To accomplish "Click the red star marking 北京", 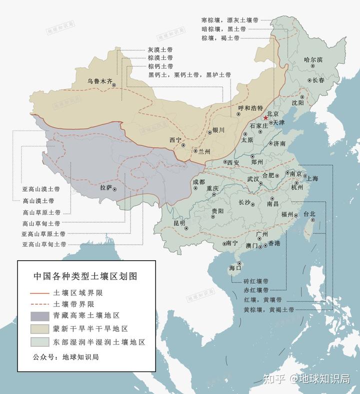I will coord(265,118).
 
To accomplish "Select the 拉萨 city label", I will coord(106,188).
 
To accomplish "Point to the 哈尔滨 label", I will coord(313,60).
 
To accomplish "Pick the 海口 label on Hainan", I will coord(235,268).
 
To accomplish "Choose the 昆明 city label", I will coord(179,223).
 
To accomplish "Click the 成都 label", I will coord(198,182).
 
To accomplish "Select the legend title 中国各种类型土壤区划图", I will coord(85,275).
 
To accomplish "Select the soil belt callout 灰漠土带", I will coord(160,50).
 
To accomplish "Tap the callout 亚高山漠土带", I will coord(41,189).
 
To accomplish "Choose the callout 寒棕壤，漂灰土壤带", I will coord(230,20).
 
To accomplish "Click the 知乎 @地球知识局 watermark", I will coord(307,380).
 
